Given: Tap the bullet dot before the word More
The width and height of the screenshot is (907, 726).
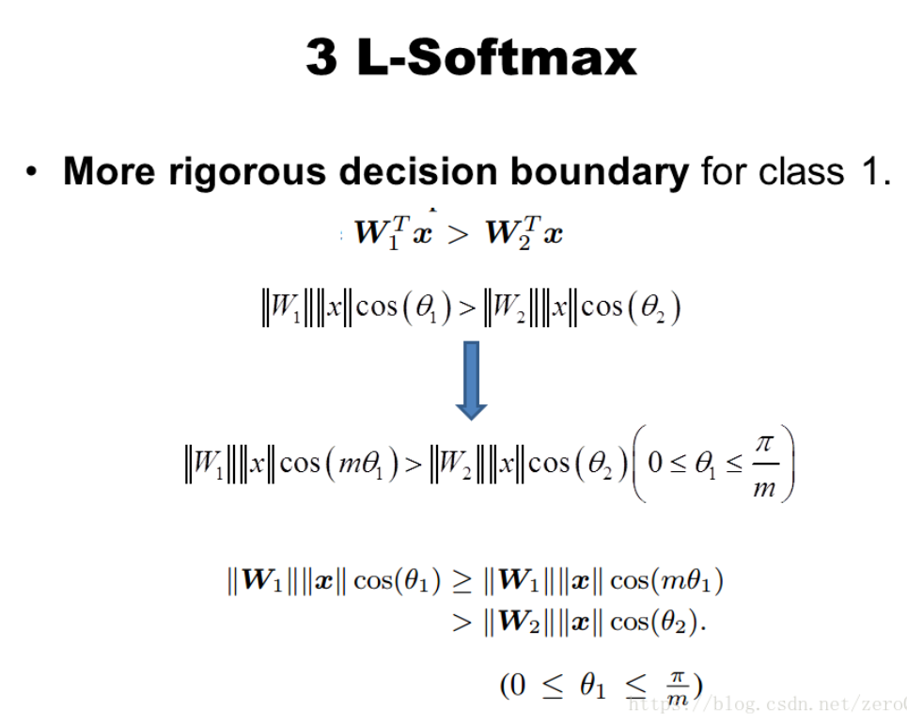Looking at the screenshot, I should pos(33,173).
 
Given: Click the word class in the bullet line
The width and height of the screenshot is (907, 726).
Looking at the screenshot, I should pos(784,172).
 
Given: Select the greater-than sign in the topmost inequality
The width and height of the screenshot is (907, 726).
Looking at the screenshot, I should pos(458,235).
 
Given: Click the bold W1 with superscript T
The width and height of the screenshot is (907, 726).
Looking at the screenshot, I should pos(381,233).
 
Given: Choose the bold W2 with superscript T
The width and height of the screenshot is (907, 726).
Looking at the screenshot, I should pos(511,233).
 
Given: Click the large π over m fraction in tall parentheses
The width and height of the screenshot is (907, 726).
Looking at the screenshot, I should pos(765,466).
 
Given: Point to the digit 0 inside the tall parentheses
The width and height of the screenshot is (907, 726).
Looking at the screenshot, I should pos(655,464).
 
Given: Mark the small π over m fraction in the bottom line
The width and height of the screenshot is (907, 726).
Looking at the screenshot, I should pos(677,687).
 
